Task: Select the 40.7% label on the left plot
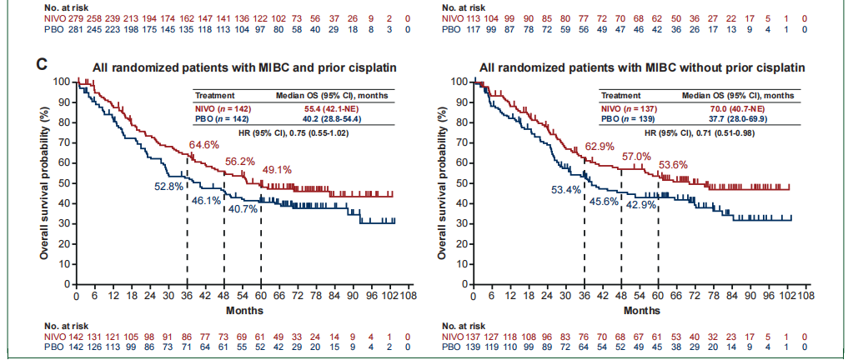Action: pyautogui.click(x=243, y=209)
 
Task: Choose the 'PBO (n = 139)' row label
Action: pyautogui.click(x=630, y=118)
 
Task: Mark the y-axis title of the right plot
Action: pyautogui.click(x=444, y=182)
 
